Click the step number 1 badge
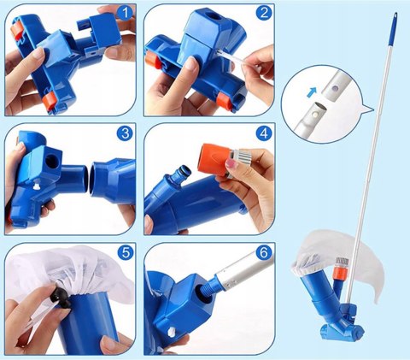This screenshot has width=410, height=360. click(x=125, y=13)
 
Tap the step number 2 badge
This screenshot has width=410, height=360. click(x=264, y=13)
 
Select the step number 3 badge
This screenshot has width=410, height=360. click(x=125, y=133)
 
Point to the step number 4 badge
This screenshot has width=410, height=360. click(x=264, y=133)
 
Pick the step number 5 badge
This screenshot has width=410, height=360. click(x=126, y=252)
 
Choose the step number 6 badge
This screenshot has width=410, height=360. click(x=264, y=252)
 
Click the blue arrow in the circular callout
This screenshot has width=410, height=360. click(x=313, y=92)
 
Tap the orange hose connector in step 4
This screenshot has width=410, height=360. click(x=216, y=156)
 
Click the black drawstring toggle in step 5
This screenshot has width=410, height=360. click(x=61, y=298)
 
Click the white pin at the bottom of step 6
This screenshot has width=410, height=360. click(x=172, y=332)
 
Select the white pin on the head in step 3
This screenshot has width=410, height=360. click(x=36, y=186)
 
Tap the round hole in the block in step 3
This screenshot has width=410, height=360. click(x=52, y=161)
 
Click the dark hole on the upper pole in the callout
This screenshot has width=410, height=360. click(x=336, y=89)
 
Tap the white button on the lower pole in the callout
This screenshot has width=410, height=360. click(x=314, y=115)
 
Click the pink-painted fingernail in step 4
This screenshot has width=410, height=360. click(x=231, y=163)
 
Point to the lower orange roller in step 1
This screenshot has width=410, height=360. click(x=50, y=100)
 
